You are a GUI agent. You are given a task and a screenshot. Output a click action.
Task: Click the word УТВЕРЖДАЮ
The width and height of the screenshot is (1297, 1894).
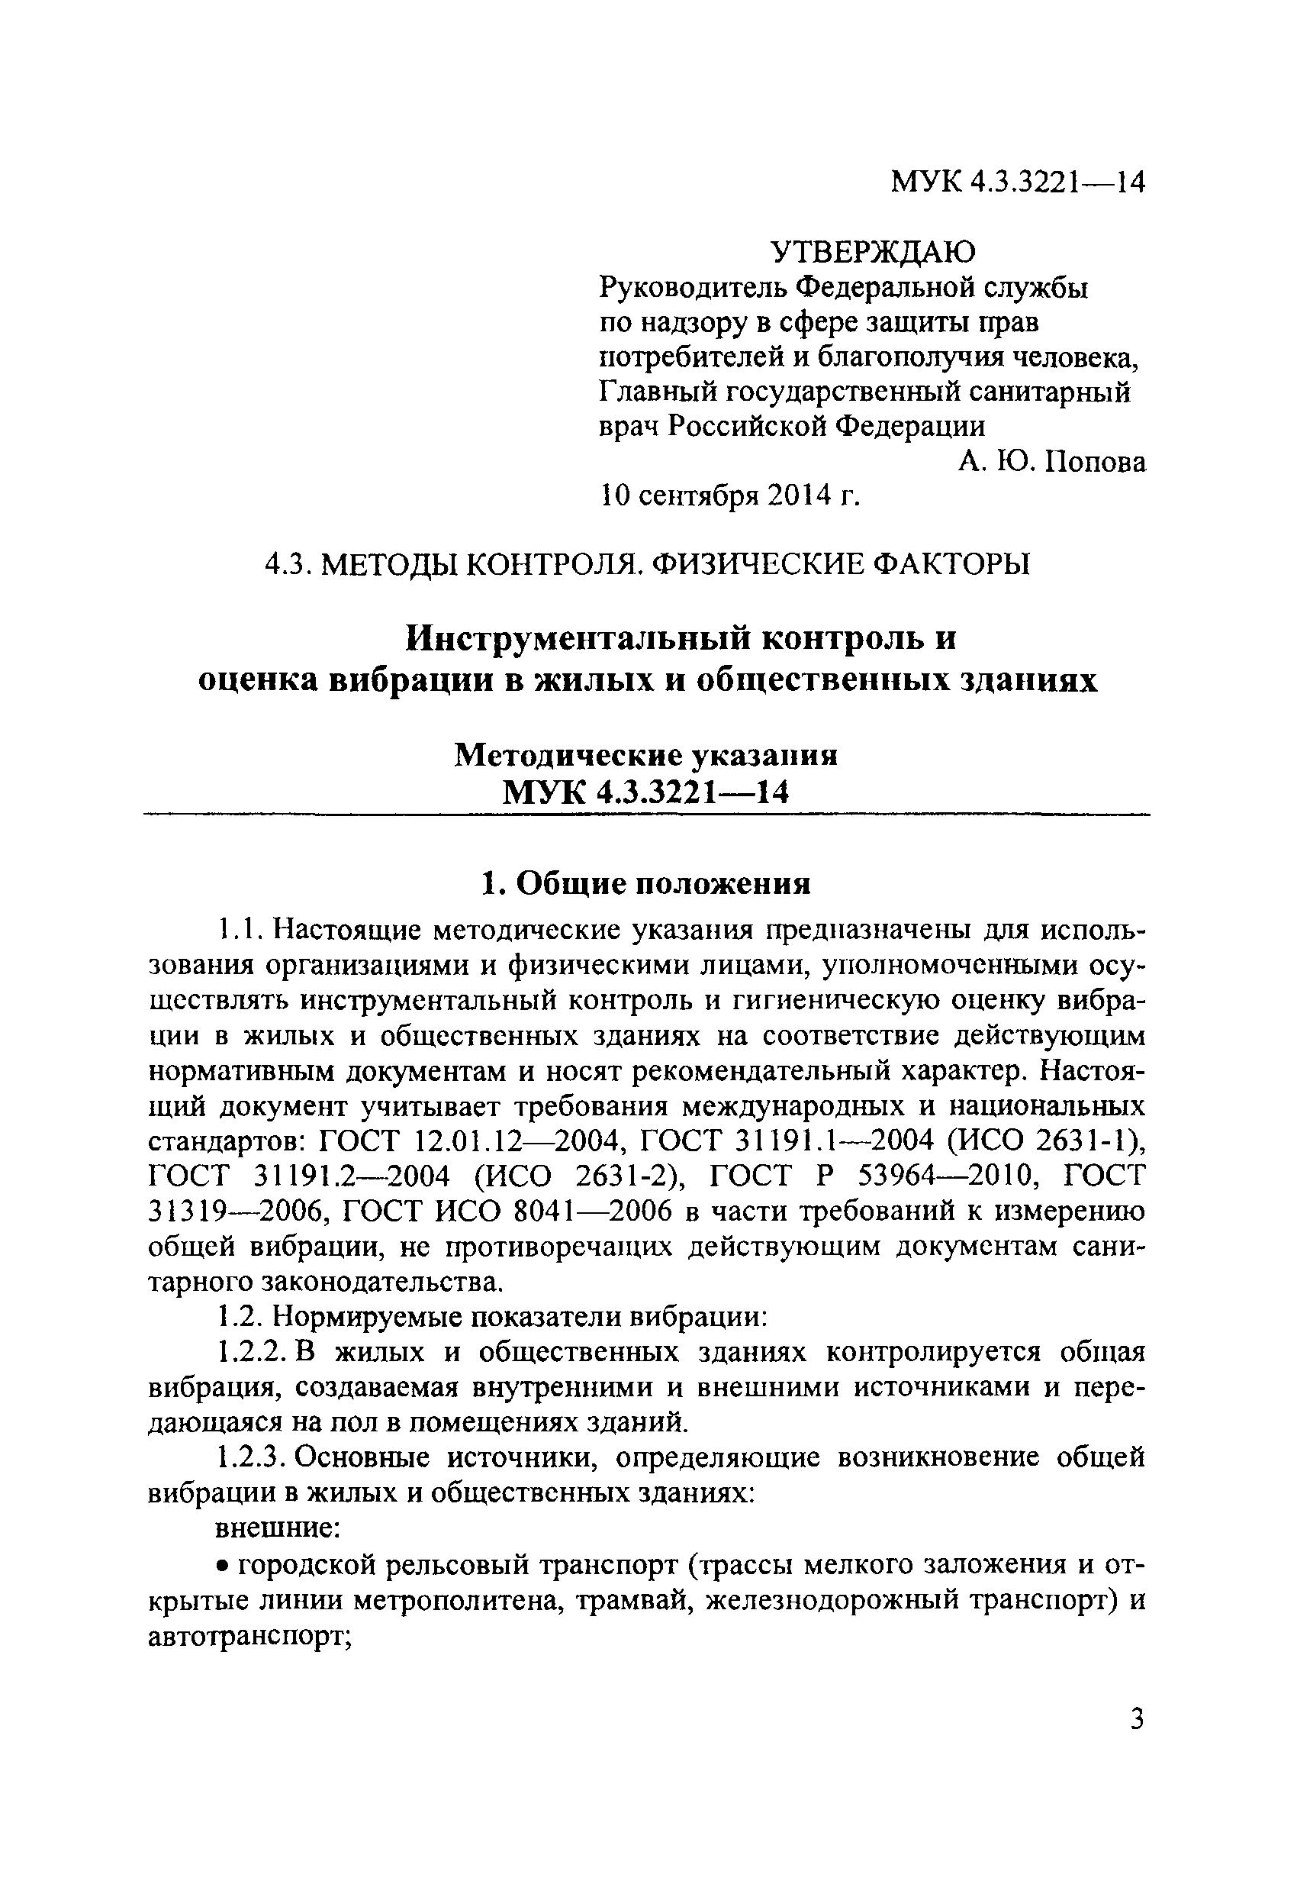coord(874,252)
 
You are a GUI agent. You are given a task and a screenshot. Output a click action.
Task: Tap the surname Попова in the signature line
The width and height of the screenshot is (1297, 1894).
coord(1096,462)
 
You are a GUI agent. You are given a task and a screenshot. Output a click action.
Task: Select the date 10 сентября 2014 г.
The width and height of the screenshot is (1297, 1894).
coord(730,495)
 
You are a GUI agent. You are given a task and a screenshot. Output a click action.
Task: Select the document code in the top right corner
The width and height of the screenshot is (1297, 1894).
coord(1019,182)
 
